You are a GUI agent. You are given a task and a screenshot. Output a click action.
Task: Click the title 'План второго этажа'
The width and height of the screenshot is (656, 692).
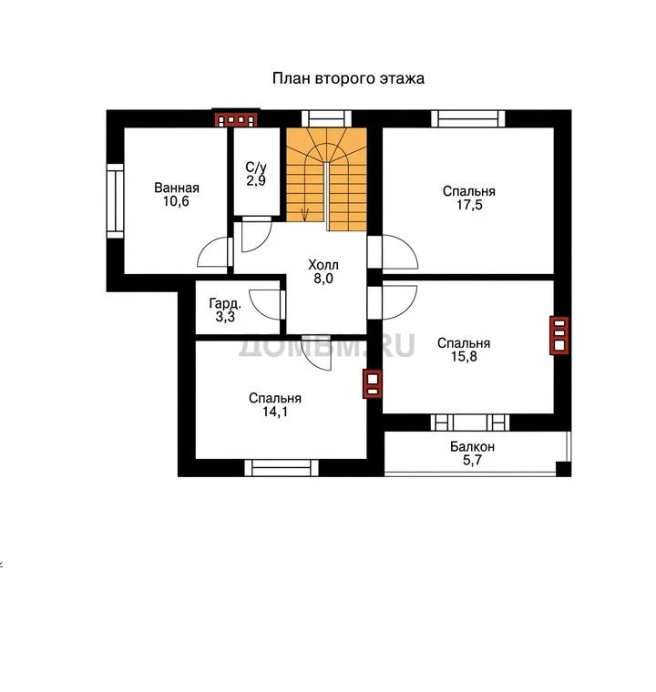[x=348, y=78]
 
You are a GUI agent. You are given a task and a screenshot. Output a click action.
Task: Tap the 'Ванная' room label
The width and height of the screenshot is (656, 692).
[x=176, y=188]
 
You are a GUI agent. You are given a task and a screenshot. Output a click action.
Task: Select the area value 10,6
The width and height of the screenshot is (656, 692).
[x=176, y=202]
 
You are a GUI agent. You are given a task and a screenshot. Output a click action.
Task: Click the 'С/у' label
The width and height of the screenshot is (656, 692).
[x=256, y=168]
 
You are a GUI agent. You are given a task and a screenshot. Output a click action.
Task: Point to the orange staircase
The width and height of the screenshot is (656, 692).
[x=326, y=179]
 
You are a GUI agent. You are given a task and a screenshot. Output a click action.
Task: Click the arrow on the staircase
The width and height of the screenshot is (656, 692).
[x=304, y=214]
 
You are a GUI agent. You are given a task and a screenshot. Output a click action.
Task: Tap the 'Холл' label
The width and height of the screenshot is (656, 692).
[x=323, y=265]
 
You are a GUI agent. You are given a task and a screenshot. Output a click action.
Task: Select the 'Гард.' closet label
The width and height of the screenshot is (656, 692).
[x=225, y=303]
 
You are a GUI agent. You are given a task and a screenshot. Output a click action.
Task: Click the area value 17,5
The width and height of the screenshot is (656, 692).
[x=469, y=205]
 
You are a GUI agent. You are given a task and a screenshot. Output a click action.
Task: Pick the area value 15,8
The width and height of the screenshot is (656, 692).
[x=464, y=357]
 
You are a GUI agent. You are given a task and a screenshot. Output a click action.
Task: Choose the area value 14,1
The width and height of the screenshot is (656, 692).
[x=275, y=412]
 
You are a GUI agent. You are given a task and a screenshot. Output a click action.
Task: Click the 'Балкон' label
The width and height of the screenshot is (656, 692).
[x=472, y=447]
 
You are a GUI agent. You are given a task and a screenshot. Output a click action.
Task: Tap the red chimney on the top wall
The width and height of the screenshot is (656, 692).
[x=235, y=119]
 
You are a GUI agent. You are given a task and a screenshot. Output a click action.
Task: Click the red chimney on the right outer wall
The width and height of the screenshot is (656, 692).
[x=559, y=335]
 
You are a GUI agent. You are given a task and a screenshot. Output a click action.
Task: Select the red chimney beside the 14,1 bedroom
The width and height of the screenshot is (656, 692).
[x=372, y=383]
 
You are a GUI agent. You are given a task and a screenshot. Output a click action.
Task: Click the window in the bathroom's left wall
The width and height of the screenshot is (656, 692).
[x=116, y=201]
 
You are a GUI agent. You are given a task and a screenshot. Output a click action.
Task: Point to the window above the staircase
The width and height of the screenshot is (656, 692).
[x=326, y=118]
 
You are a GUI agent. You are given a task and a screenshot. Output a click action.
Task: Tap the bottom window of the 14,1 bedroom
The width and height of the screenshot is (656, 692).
[x=282, y=468]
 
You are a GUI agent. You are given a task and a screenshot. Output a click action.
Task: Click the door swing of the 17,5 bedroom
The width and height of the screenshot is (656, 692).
[x=400, y=251]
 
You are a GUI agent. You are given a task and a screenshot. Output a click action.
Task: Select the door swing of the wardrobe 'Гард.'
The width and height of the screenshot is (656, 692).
[x=264, y=304]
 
